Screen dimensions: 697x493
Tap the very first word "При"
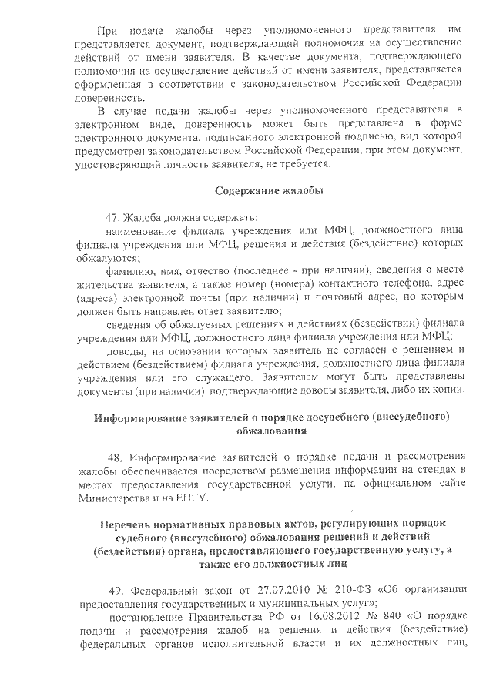point(106,30)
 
